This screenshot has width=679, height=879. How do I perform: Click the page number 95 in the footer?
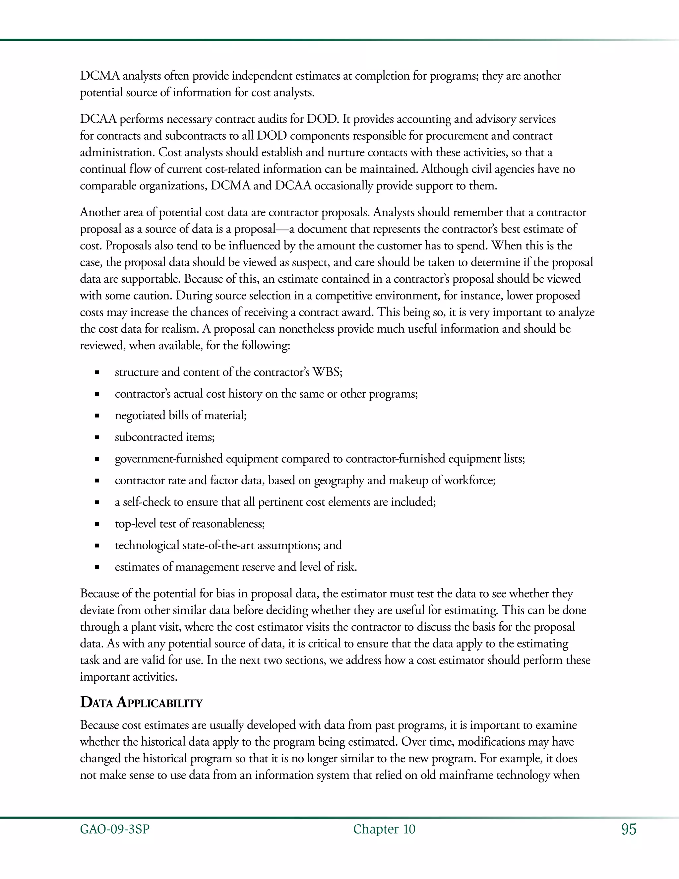click(x=629, y=830)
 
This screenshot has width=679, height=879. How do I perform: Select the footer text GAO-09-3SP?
click(x=115, y=830)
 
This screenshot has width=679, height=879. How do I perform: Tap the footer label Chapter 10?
click(x=384, y=830)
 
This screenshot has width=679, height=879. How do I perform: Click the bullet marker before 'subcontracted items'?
click(x=96, y=438)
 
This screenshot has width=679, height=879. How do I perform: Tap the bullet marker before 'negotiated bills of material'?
click(x=96, y=416)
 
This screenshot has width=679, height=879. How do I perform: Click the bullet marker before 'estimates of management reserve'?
click(x=96, y=568)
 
